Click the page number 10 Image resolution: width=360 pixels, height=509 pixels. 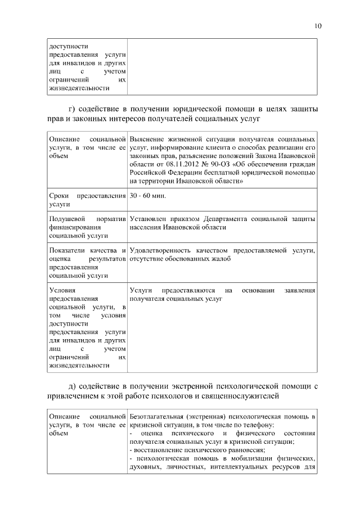tap(318, 26)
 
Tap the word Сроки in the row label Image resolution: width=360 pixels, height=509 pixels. tap(59, 196)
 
